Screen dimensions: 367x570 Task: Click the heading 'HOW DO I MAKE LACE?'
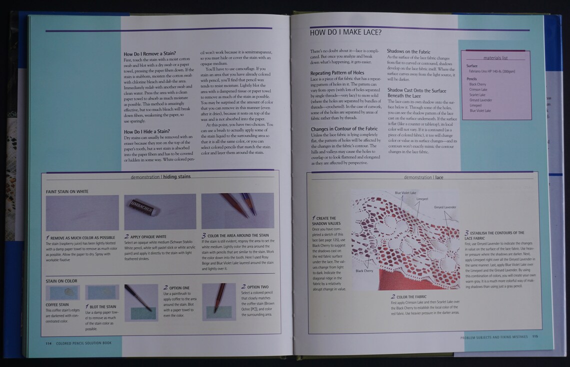point(346,33)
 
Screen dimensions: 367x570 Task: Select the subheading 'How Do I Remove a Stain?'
point(149,53)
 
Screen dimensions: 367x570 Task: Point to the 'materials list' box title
point(495,58)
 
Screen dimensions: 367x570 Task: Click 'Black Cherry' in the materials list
point(477,84)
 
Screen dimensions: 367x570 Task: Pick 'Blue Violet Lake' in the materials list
point(480,110)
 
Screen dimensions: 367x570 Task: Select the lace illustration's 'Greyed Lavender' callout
point(444,207)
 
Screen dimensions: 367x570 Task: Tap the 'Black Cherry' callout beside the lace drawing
point(364,271)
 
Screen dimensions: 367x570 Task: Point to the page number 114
point(48,343)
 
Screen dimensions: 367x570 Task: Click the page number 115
point(535,337)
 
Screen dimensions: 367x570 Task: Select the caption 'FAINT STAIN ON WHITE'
point(67,191)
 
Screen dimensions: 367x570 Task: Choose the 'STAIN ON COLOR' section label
point(61,281)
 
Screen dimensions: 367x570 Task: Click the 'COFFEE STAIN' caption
point(57,305)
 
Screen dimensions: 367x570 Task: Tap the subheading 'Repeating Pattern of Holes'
point(334,73)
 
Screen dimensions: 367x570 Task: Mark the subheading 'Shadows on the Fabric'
point(408,51)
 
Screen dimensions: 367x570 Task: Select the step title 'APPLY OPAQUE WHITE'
point(147,236)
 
